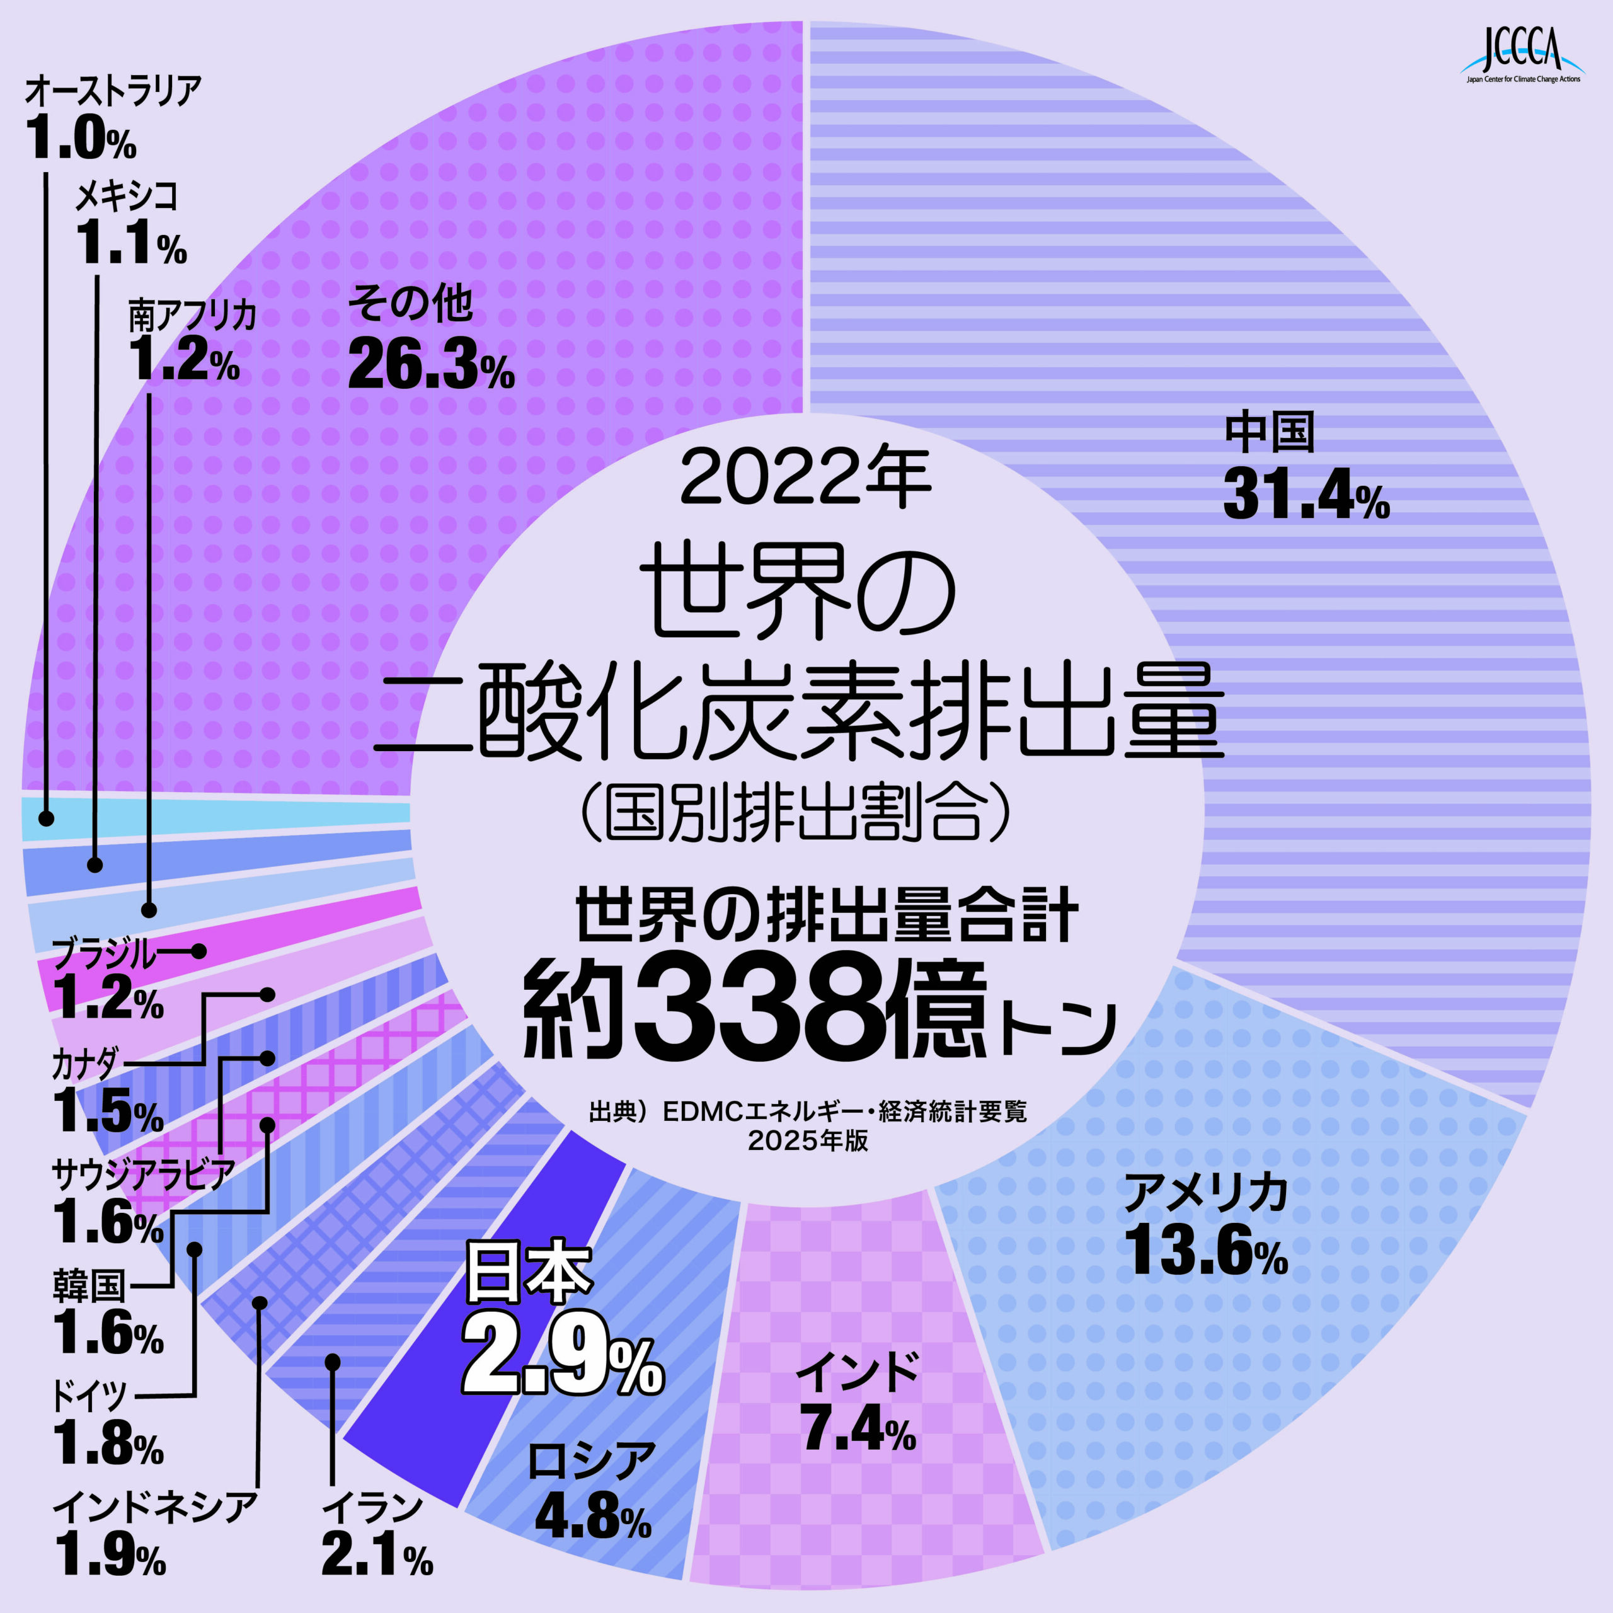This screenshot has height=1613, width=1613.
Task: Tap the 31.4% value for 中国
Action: click(1306, 496)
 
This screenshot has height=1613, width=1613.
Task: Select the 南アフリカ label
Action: click(191, 316)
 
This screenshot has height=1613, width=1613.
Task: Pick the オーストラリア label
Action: click(113, 90)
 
